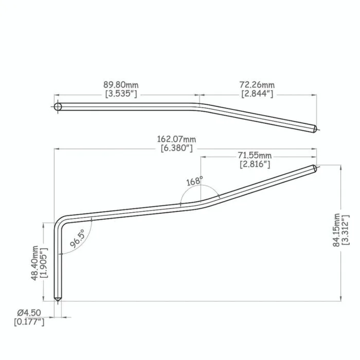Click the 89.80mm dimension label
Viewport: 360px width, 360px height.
coord(121,85)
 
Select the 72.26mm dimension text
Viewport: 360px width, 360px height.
coord(257,85)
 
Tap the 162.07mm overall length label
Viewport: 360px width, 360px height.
coord(176,139)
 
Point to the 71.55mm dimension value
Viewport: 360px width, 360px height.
coord(255,156)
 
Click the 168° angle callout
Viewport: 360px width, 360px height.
coord(195,181)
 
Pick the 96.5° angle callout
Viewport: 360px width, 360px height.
coord(78,239)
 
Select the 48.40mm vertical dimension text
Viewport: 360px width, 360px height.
coord(34,263)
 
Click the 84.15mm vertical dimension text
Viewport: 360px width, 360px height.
coord(336,230)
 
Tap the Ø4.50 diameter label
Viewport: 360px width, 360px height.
coord(29,313)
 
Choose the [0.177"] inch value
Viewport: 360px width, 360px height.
coord(29,322)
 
